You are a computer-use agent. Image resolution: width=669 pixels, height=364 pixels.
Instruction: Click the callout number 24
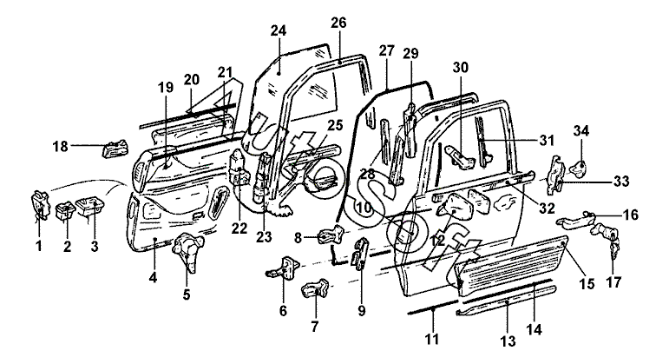coord(278,30)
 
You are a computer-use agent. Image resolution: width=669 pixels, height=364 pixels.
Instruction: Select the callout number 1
coord(38,247)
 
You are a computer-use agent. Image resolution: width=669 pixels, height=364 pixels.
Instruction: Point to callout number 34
coord(580,130)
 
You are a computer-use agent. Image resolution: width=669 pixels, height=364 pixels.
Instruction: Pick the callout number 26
coord(338,22)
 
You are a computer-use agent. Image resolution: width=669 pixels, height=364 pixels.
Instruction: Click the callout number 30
coord(460,67)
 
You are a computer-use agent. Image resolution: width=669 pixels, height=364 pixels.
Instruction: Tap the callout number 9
coord(362,309)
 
